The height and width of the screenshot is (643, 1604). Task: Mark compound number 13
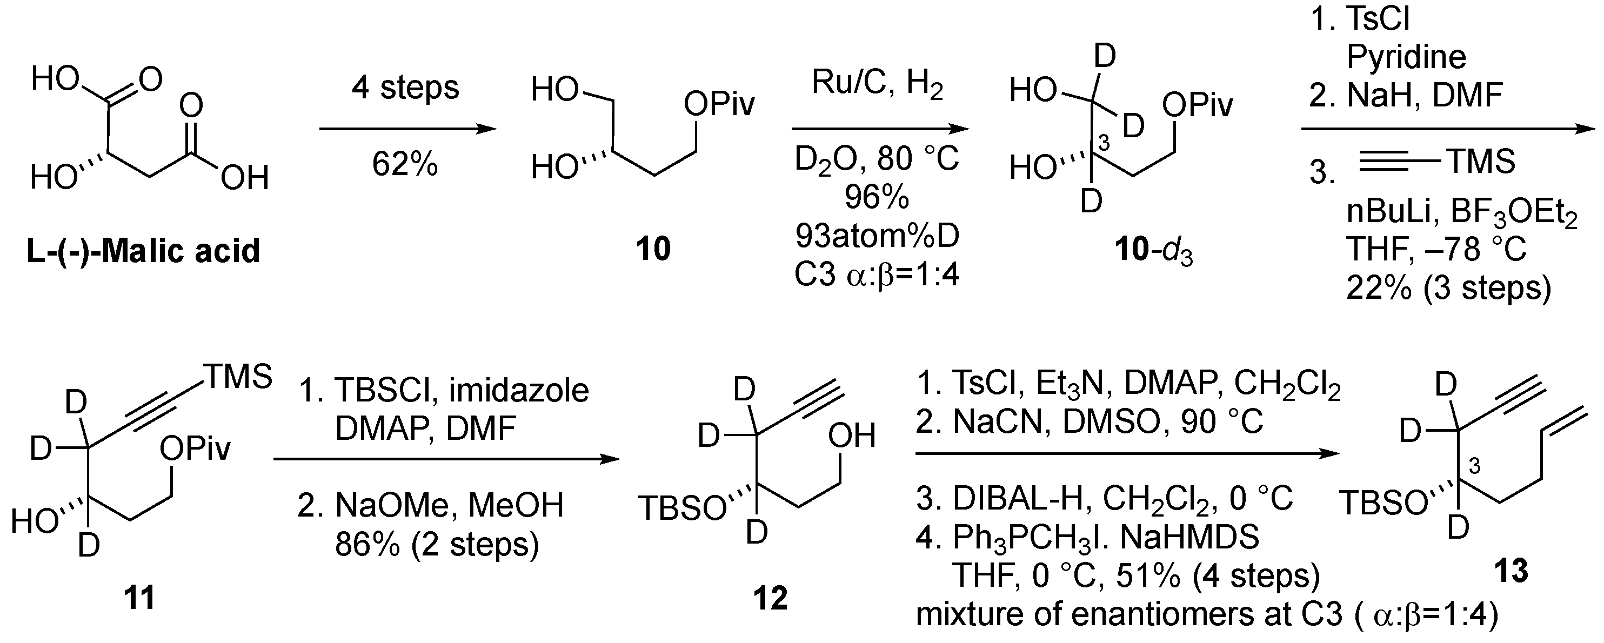coord(1511,571)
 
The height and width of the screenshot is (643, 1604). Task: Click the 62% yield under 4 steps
coord(405,164)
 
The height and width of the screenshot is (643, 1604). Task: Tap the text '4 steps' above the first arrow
coord(405,88)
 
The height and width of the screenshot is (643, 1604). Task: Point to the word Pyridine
coord(1406,57)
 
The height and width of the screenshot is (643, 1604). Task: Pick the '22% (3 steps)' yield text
coord(1448,287)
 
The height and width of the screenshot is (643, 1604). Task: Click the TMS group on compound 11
coord(238,377)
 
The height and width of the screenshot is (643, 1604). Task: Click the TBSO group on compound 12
coord(683,508)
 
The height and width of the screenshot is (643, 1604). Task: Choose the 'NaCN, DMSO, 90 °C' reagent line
coord(1090,422)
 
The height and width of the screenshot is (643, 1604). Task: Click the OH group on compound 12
coord(851,436)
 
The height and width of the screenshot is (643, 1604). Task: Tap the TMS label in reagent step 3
coord(1481,162)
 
